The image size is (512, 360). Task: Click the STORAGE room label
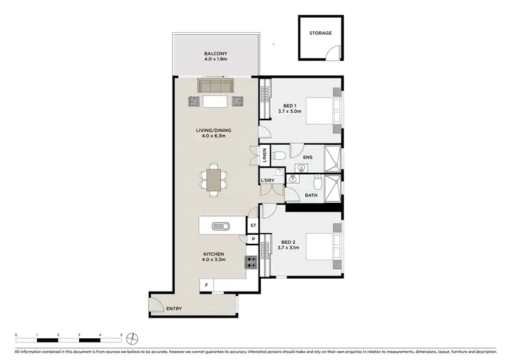(x=320, y=33)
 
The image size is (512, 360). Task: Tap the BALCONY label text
(x=215, y=54)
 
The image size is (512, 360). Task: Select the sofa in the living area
(x=215, y=87)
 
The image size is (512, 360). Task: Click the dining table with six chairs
(x=214, y=180)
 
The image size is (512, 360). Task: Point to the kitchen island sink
(x=221, y=226)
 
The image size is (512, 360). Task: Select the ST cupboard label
(x=253, y=225)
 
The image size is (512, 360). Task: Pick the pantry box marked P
(x=253, y=238)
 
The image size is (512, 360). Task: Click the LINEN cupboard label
(x=264, y=156)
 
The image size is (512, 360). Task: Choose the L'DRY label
(x=268, y=180)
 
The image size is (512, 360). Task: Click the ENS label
(x=307, y=156)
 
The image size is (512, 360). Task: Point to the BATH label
(x=311, y=195)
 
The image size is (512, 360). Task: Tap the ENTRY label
(x=175, y=309)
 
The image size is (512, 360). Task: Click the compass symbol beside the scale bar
(x=134, y=337)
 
